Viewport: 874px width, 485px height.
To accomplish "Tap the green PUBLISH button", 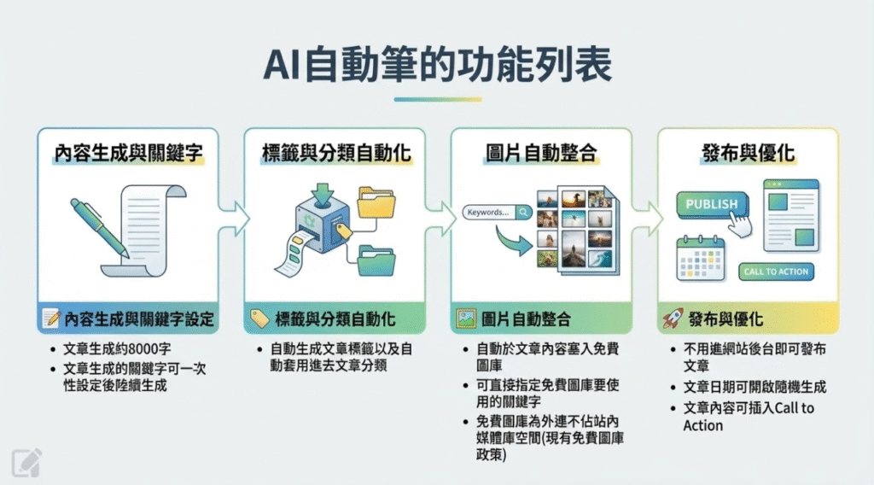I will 712,204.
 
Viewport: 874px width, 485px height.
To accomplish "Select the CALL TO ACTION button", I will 777,271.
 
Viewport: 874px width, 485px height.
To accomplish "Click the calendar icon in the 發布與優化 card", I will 700,259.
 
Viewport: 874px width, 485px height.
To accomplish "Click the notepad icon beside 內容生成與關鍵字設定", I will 51,319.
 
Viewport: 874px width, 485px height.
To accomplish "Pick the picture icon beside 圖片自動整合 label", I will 466,319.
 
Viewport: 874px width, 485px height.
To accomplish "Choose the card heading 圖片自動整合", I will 540,154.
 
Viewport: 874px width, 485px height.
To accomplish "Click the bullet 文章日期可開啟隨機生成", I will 755,387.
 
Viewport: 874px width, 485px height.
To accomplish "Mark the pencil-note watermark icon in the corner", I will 26,462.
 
